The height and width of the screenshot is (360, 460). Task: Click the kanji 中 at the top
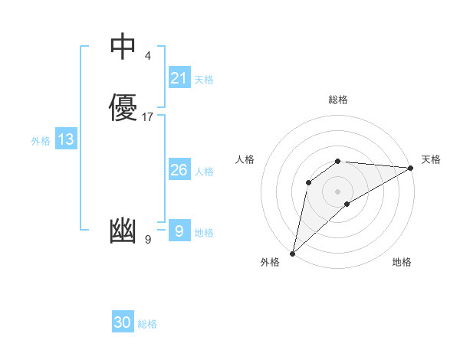click(123, 47)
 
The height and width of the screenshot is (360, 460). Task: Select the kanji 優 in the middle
click(123, 107)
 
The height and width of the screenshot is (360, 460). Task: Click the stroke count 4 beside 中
click(147, 56)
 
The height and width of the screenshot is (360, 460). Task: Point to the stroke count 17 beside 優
click(148, 117)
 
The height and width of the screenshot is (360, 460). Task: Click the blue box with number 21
click(179, 78)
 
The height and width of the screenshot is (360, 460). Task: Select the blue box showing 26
click(179, 170)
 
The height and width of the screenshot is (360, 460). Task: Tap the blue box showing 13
click(66, 139)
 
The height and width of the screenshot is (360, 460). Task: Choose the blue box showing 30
click(123, 322)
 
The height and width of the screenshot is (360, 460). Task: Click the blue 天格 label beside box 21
click(204, 80)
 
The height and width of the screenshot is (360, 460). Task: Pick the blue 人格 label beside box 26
click(204, 172)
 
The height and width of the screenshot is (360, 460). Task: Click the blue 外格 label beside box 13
click(41, 141)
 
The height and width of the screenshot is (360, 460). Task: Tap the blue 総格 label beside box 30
click(147, 324)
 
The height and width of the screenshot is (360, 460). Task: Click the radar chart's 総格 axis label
click(338, 100)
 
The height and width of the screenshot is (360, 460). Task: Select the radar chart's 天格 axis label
click(431, 159)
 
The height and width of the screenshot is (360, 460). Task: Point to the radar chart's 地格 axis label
click(402, 262)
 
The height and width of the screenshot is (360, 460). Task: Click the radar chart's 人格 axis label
click(245, 159)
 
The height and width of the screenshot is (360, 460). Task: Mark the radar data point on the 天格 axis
click(411, 168)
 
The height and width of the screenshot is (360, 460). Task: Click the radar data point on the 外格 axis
click(292, 254)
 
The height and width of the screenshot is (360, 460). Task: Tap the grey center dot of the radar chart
click(338, 191)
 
